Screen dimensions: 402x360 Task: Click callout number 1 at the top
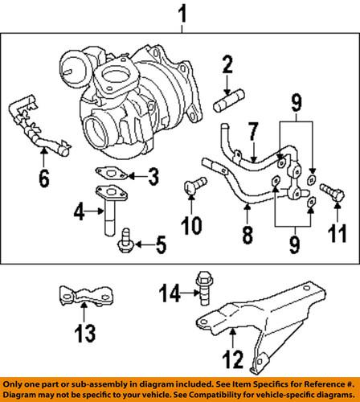click(182, 13)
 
